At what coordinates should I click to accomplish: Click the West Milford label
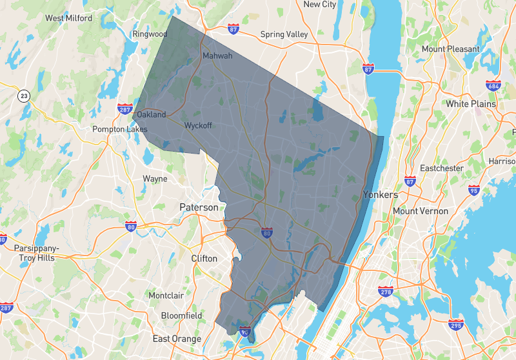tap(68, 18)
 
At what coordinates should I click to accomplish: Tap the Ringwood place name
tap(150, 34)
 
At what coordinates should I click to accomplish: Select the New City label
tap(320, 5)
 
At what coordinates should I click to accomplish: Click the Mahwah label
tap(217, 56)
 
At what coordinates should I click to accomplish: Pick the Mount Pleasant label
tap(450, 49)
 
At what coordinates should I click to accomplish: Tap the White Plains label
tap(471, 104)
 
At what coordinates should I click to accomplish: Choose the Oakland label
tap(152, 115)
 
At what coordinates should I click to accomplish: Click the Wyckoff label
tap(199, 125)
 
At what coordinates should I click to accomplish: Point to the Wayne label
tap(155, 179)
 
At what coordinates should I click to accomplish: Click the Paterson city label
tap(199, 208)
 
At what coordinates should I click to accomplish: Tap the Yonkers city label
tap(381, 194)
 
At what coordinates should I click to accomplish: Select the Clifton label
tap(204, 259)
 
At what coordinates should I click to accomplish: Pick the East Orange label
tap(177, 339)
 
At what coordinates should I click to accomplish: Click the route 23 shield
tap(24, 96)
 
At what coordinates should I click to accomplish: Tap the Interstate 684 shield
tap(494, 86)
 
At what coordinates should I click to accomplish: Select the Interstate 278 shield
tap(386, 292)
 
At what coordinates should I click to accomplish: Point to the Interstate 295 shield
tap(456, 325)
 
